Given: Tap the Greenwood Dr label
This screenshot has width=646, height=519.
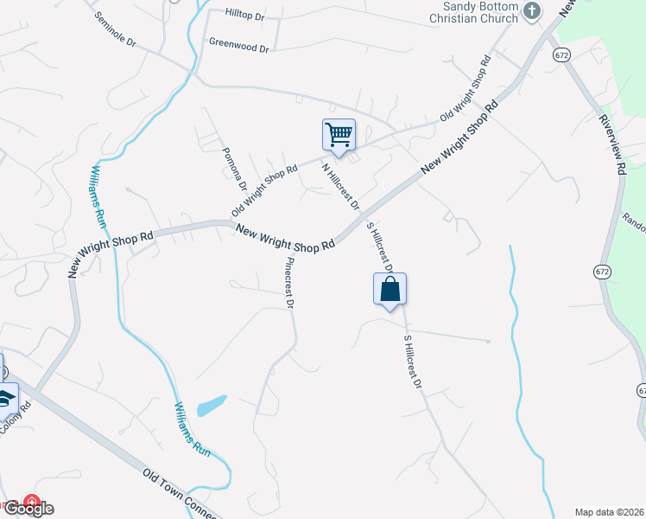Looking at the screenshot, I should (239, 48).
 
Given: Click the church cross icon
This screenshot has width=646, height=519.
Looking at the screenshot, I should (532, 11).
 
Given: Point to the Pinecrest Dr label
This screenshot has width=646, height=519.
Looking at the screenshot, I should (290, 283).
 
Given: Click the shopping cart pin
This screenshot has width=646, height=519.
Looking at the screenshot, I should (339, 135).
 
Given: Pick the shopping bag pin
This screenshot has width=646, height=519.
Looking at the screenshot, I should (389, 289).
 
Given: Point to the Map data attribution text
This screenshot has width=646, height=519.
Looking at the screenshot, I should (610, 511).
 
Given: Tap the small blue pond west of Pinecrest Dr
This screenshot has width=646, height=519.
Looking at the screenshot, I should (212, 405).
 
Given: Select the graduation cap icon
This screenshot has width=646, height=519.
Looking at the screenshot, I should (6, 399).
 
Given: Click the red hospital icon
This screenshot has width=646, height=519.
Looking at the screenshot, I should (32, 501).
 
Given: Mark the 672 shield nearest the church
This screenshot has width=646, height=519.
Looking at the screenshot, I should (561, 54).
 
